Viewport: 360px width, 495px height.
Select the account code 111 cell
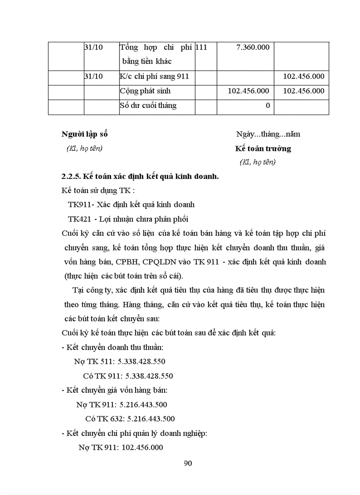coord(201,47)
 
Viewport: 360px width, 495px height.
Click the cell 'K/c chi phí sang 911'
coord(154,76)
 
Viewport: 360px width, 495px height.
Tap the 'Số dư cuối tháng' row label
coord(148,105)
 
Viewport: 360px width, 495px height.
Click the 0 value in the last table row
coord(267,106)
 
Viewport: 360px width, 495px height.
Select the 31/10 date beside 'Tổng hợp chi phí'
coord(94,47)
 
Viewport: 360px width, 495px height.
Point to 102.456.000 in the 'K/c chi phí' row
coord(304,76)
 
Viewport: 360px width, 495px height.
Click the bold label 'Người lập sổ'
coord(84,134)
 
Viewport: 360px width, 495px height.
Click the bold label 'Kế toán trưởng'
coord(263,149)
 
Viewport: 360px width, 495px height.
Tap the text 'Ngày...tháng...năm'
coord(268,134)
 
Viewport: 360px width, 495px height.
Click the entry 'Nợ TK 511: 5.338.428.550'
coord(120,361)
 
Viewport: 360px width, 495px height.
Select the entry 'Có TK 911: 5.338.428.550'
coord(128,376)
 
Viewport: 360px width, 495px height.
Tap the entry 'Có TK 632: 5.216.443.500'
coord(130,419)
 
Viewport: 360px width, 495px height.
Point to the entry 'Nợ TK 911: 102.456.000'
coord(121,447)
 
